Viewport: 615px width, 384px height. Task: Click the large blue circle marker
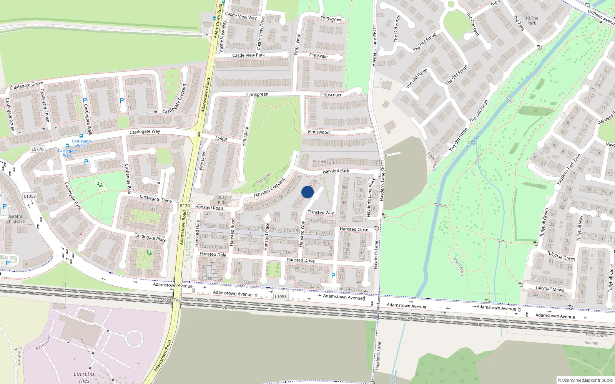click(x=307, y=192)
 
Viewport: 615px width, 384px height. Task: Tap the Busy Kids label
click(x=222, y=200)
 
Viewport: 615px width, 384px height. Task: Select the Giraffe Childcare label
click(x=15, y=219)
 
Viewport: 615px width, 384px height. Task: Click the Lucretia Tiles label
click(x=84, y=377)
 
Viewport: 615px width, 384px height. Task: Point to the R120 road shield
click(x=185, y=206)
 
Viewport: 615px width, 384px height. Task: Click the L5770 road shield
click(x=38, y=149)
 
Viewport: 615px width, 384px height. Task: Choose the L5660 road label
click(x=221, y=139)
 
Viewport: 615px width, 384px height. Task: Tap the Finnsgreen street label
click(x=257, y=94)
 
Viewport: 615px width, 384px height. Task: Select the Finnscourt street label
click(x=331, y=94)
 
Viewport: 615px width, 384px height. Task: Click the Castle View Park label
click(x=248, y=55)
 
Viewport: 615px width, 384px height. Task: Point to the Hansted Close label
click(x=354, y=229)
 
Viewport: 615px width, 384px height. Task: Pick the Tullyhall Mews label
click(x=550, y=288)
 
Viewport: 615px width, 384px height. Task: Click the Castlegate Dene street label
click(x=156, y=199)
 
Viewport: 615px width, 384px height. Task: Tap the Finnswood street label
click(x=319, y=132)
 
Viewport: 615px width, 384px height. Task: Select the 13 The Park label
click(x=532, y=21)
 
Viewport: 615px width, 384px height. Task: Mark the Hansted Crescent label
click(x=269, y=187)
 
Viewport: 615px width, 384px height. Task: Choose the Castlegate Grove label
click(x=26, y=85)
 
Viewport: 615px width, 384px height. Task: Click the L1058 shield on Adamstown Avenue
click(x=281, y=296)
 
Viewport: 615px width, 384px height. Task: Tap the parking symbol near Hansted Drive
click(x=333, y=276)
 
